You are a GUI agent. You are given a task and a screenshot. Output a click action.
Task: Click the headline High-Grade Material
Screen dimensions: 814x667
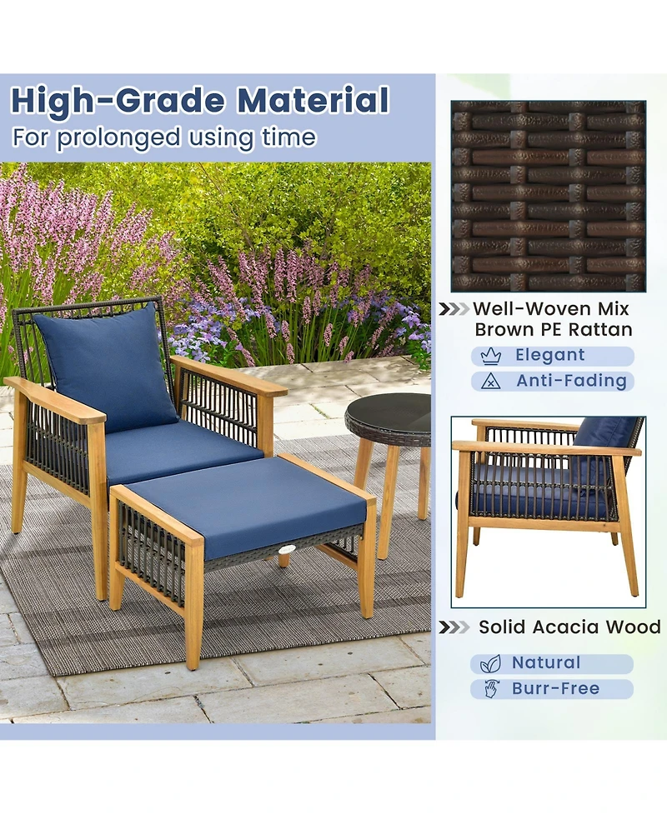pyautogui.click(x=199, y=101)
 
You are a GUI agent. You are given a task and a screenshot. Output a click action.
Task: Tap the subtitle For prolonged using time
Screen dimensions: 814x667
pyautogui.click(x=163, y=137)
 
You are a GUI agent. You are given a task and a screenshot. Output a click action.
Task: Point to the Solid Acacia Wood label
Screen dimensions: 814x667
pyautogui.click(x=569, y=627)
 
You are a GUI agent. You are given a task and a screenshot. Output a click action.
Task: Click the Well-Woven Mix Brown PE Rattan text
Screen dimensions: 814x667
pyautogui.click(x=553, y=319)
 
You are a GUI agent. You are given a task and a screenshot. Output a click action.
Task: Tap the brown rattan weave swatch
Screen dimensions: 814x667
pyautogui.click(x=549, y=195)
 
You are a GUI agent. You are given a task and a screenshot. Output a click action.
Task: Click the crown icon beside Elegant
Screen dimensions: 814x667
pyautogui.click(x=491, y=356)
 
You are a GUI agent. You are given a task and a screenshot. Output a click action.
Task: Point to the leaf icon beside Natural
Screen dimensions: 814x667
pyautogui.click(x=491, y=663)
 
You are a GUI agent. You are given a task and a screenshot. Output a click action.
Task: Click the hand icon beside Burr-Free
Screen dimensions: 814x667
pyautogui.click(x=491, y=689)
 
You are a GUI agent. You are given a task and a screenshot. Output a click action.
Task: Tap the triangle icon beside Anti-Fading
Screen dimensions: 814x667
pyautogui.click(x=491, y=382)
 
